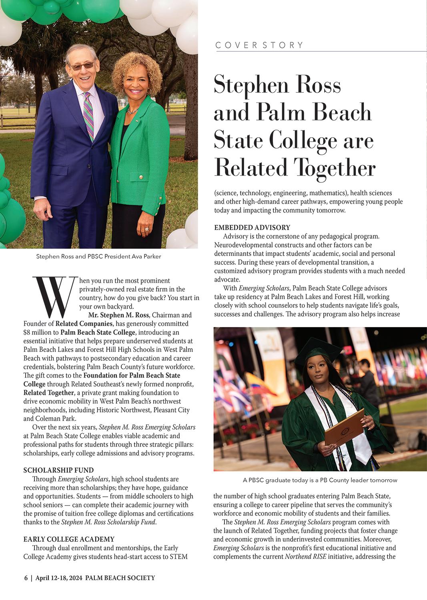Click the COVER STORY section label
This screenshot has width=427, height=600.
pyautogui.click(x=259, y=45)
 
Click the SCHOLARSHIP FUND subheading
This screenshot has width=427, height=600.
pyautogui.click(x=58, y=470)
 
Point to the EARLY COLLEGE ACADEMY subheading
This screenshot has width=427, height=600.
pyautogui.click(x=69, y=539)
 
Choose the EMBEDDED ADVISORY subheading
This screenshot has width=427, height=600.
pyautogui.click(x=252, y=228)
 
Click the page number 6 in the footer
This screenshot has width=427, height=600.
pyautogui.click(x=26, y=578)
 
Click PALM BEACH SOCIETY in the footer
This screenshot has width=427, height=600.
pyautogui.click(x=120, y=578)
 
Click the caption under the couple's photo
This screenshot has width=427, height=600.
pyautogui.click(x=98, y=256)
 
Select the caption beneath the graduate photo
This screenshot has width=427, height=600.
pyautogui.click(x=320, y=480)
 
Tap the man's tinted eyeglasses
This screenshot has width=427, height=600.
pyautogui.click(x=82, y=65)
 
